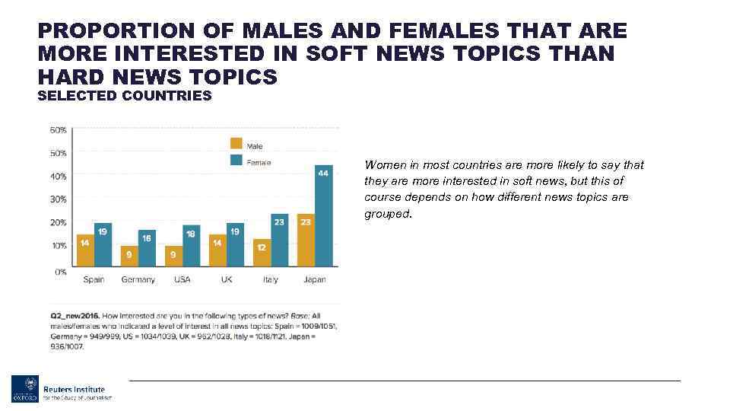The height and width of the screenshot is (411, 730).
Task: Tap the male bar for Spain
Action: (84, 250)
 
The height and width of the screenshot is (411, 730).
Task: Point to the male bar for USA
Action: (173, 256)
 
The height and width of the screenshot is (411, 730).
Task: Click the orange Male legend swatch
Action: (236, 143)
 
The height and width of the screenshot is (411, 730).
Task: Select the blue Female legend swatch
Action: (236, 160)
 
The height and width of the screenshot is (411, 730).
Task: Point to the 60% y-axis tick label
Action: (59, 130)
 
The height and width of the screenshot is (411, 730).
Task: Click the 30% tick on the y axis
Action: (59, 199)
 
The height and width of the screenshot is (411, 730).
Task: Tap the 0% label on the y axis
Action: (60, 270)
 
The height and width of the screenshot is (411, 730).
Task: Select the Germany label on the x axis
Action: (138, 279)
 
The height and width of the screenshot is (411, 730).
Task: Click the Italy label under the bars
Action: (270, 279)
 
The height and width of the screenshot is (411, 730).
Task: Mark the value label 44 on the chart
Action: (323, 174)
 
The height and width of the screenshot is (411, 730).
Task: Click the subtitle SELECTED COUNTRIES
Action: (125, 96)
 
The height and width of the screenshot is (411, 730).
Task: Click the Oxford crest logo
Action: (24, 389)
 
